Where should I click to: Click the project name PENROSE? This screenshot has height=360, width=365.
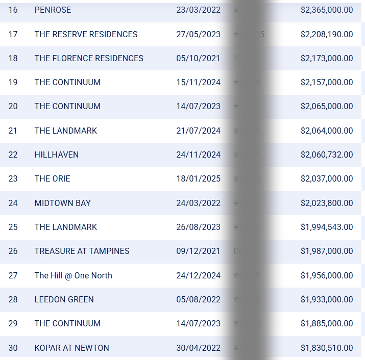tap(53, 10)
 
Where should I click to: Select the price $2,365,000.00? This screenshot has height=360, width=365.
tap(327, 10)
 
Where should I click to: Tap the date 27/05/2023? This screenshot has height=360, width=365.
tap(198, 34)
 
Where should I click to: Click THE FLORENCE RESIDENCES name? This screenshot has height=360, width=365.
tap(89, 58)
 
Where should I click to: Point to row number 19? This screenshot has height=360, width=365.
tap(13, 82)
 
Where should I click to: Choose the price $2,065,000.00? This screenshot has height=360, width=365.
tap(327, 106)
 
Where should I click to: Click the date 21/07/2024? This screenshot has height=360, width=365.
tap(198, 131)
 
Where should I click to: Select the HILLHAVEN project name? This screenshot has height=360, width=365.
tap(57, 155)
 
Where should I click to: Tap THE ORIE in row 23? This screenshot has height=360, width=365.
tap(53, 178)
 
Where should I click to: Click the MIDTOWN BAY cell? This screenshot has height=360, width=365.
tap(63, 203)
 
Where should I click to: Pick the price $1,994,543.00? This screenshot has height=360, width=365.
tap(327, 227)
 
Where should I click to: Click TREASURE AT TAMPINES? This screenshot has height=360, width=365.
tap(82, 251)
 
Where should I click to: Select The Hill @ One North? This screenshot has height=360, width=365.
tap(74, 275)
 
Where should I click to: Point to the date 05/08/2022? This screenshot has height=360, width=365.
tap(198, 299)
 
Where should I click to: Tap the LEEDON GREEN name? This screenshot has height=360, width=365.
tap(64, 299)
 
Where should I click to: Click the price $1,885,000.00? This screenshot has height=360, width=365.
tap(327, 323)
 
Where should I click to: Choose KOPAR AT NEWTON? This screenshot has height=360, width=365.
tap(72, 348)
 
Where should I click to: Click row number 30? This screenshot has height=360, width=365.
tap(13, 348)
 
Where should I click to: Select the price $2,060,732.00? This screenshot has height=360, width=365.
tap(327, 155)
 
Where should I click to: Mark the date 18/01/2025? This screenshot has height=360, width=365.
tap(198, 178)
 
